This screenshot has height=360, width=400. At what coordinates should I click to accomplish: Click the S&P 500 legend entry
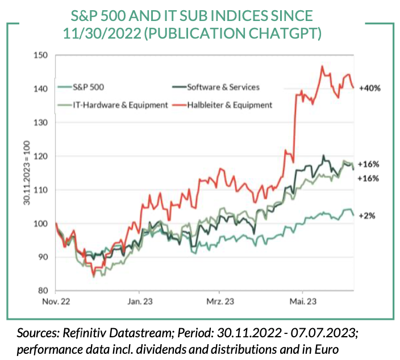coord(88,87)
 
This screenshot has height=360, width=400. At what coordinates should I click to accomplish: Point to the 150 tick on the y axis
coord(40,56)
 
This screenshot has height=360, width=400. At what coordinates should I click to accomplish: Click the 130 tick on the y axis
coord(40,123)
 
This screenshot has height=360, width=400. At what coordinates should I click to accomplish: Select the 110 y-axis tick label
coord(40,190)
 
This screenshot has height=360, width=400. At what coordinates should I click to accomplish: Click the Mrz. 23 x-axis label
coord(220,302)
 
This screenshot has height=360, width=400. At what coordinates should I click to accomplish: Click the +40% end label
coord(370,88)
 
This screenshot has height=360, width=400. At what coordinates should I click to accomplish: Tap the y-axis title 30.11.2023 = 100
coord(26,173)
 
